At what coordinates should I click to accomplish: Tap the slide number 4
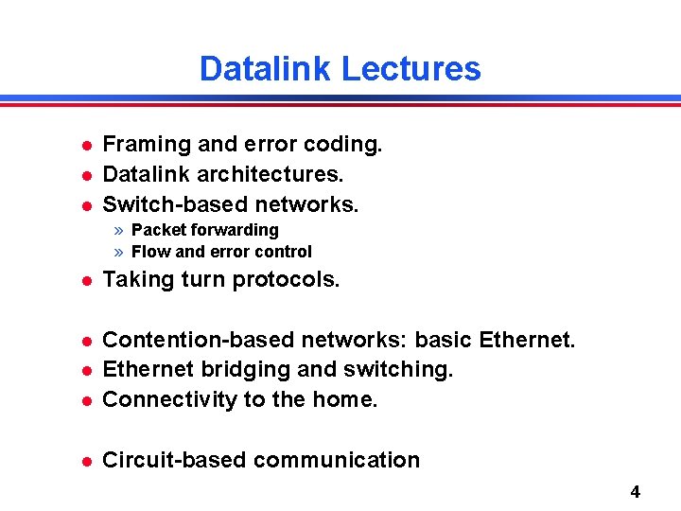[x=635, y=491]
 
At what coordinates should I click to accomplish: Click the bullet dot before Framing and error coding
[x=84, y=146]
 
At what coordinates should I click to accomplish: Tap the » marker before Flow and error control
[x=119, y=252]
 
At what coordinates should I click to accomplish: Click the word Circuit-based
[x=174, y=460]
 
